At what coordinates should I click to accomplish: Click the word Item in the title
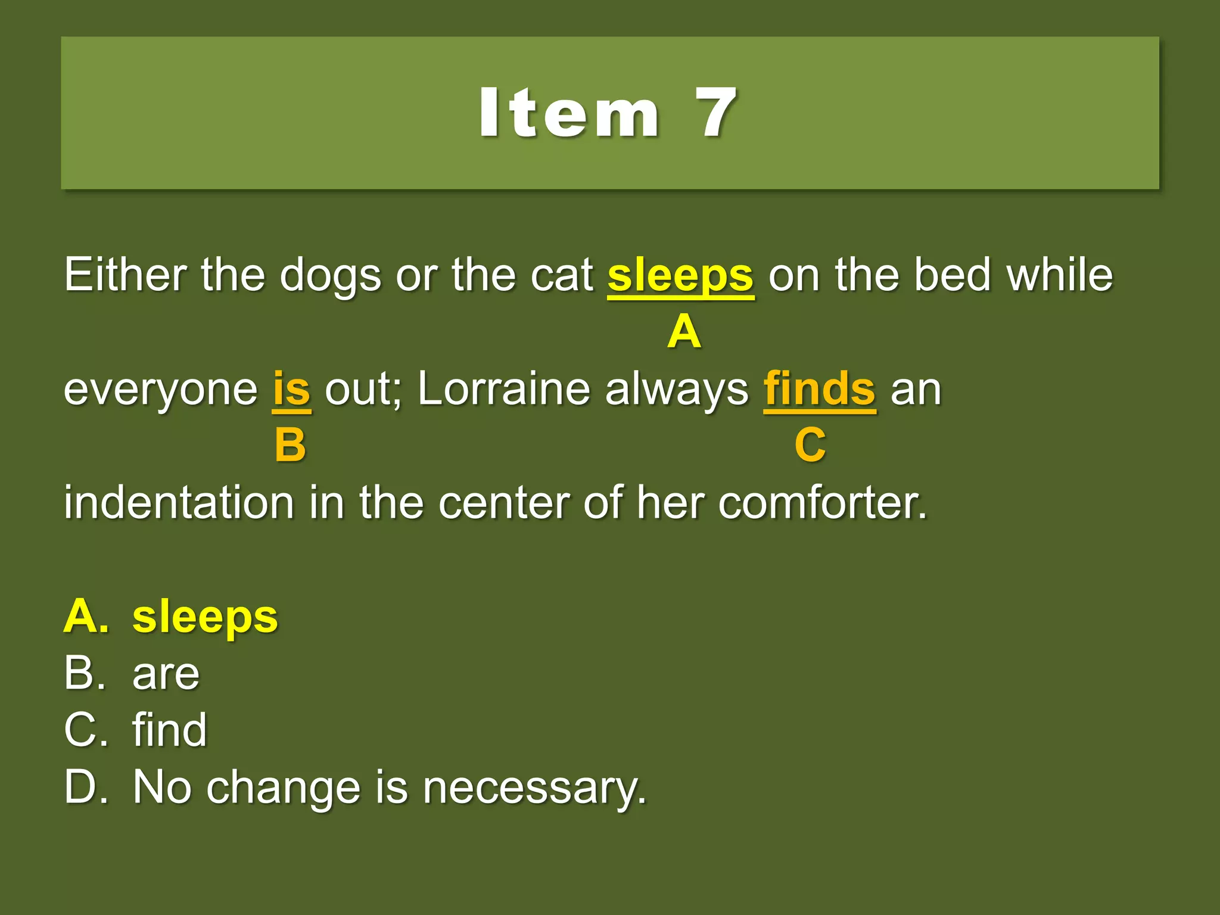click(x=569, y=113)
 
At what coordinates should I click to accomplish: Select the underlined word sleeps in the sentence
click(x=680, y=276)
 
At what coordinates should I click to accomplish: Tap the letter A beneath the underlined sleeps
click(x=684, y=332)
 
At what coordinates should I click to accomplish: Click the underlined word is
click(x=291, y=389)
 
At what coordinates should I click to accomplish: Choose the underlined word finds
click(x=820, y=389)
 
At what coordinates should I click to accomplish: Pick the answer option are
click(x=166, y=674)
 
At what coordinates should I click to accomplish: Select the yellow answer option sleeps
click(x=205, y=618)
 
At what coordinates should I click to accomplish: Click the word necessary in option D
click(x=534, y=788)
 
